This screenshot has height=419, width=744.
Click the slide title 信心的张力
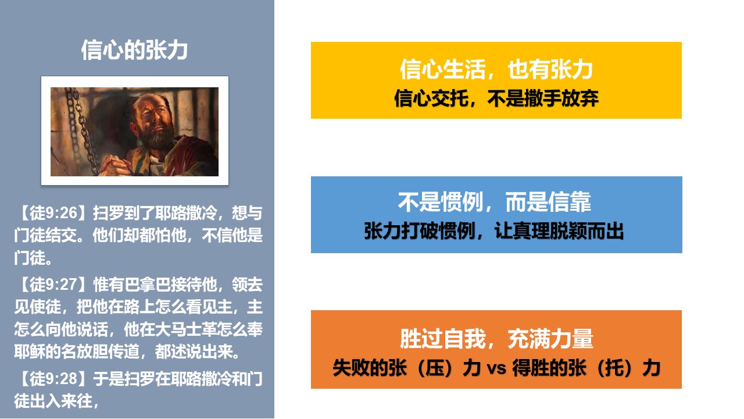tap(134, 50)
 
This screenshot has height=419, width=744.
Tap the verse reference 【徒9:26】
tap(53, 213)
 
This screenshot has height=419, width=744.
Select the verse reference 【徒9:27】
tap(53, 285)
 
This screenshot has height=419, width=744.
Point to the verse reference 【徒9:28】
tap(53, 379)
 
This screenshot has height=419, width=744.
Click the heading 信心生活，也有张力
tap(496, 69)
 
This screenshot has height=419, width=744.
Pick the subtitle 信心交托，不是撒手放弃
tap(496, 98)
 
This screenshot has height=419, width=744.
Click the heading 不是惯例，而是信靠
tap(495, 202)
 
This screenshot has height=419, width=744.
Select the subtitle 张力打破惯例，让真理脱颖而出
tap(494, 231)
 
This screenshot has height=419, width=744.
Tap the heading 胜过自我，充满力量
tap(496, 339)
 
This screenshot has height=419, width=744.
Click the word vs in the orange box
tap(496, 368)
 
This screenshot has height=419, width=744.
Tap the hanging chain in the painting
tap(80, 130)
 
